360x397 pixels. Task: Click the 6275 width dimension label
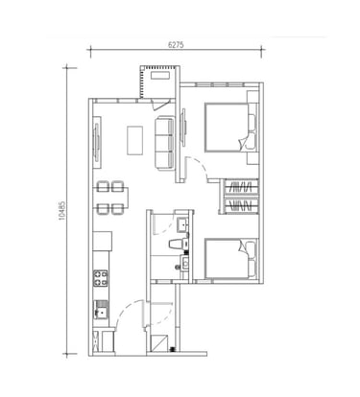tap(176, 45)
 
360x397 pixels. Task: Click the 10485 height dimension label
tap(62, 211)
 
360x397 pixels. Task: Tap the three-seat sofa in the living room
tap(165, 143)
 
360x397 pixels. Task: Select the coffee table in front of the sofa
tap(135, 140)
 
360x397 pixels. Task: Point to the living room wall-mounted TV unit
tap(97, 142)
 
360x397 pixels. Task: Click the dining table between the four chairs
tap(111, 198)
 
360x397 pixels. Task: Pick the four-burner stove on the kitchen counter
tap(100, 278)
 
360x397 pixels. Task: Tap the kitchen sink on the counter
tap(101, 310)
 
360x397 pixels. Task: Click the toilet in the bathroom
tap(179, 244)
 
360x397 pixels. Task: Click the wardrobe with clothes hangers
tap(240, 197)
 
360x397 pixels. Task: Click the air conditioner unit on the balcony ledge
tap(160, 76)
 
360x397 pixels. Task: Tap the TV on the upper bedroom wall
tap(183, 128)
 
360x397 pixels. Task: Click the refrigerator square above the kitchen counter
tap(103, 242)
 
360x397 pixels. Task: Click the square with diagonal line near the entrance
tap(159, 343)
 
